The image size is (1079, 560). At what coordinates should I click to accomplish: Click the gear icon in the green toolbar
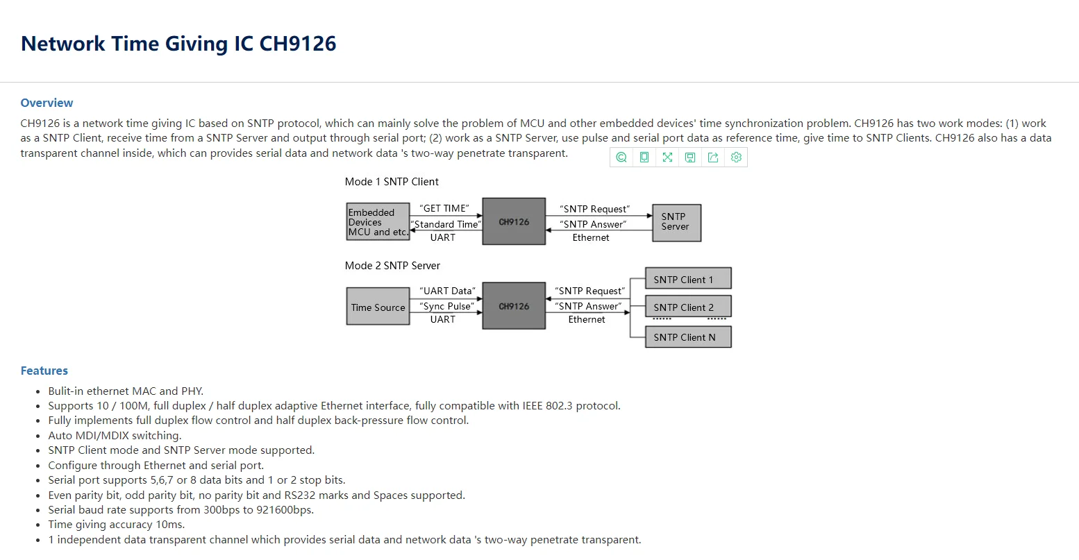tap(736, 158)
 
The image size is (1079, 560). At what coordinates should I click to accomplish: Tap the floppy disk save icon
tap(690, 158)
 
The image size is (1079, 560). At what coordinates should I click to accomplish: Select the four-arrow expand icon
tap(667, 158)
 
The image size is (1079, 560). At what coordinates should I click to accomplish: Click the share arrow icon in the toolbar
tap(713, 158)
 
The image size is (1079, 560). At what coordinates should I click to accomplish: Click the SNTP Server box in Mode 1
tap(676, 222)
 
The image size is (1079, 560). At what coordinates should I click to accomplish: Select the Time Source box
tap(378, 307)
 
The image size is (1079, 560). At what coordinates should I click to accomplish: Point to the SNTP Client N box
tap(687, 337)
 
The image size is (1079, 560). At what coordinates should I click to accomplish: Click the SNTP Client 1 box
tap(687, 279)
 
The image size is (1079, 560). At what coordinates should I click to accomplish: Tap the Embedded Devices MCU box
tap(378, 222)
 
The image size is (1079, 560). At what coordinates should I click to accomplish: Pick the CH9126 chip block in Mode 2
tap(514, 306)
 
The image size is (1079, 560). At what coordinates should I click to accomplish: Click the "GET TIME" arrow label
tap(444, 208)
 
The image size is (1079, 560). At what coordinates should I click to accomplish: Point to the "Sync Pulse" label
tap(447, 306)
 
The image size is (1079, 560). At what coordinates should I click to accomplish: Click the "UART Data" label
tap(448, 291)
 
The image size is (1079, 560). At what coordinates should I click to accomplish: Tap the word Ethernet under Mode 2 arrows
tap(587, 320)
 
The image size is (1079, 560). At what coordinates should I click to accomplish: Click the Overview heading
tap(47, 103)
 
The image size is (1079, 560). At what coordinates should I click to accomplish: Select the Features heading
tap(44, 371)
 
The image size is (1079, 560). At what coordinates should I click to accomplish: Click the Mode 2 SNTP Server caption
tap(392, 266)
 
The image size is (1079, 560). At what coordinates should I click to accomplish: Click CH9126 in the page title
tap(298, 44)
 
